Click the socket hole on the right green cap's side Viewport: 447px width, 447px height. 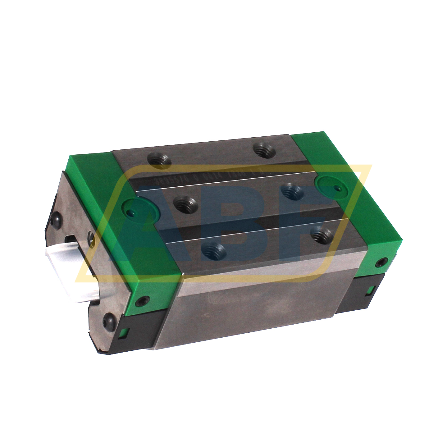coord(380,263)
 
